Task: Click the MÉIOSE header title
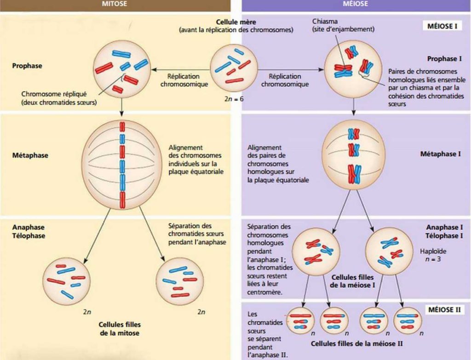click(355, 3)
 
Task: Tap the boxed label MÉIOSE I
click(442, 26)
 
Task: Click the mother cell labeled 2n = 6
click(234, 68)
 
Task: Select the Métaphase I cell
click(353, 156)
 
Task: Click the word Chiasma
click(324, 21)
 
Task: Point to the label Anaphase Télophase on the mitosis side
click(29, 231)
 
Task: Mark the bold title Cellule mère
click(235, 22)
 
